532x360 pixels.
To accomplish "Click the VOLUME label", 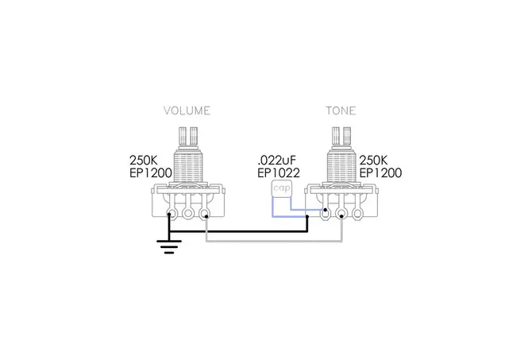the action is (x=187, y=110).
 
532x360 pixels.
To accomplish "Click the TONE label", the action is (x=341, y=110).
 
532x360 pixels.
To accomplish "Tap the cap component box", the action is (x=282, y=188).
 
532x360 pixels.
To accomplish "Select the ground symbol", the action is (x=169, y=247).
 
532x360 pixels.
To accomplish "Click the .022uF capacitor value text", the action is (x=277, y=160).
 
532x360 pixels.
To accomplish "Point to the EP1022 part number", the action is (x=279, y=173).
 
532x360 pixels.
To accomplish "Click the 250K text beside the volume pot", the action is (x=144, y=160).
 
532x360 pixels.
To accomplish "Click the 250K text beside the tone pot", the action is (x=373, y=160).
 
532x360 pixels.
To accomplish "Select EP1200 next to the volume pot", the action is (x=151, y=173).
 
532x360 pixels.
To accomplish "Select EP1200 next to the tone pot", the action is (x=380, y=173).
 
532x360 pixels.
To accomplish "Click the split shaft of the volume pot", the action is (x=188, y=137).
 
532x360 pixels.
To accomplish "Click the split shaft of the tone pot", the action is (x=341, y=137).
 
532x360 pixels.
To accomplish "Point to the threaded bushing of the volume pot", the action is (x=188, y=166).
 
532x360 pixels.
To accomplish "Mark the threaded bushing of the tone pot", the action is (x=341, y=166).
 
